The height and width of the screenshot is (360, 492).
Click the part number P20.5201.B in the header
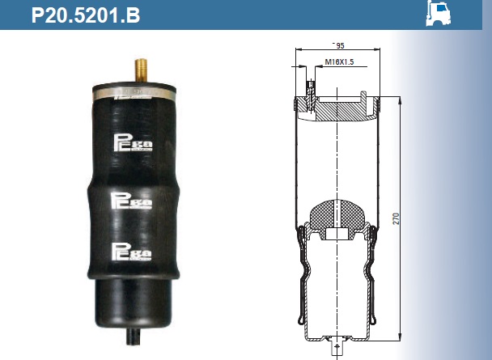[x=85, y=15]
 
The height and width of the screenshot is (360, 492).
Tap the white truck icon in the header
[x=438, y=13]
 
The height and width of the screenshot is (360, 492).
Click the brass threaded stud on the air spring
[x=141, y=70]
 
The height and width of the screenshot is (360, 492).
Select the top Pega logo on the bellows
[x=133, y=142]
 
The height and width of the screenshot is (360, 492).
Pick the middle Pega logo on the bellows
[x=131, y=201]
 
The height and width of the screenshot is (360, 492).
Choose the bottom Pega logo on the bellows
[x=132, y=252]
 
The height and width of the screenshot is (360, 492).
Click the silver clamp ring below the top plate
[x=134, y=95]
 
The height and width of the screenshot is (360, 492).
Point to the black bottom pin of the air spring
[x=134, y=337]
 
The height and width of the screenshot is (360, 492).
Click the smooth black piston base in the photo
[x=134, y=303]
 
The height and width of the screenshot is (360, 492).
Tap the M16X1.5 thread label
[x=339, y=62]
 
